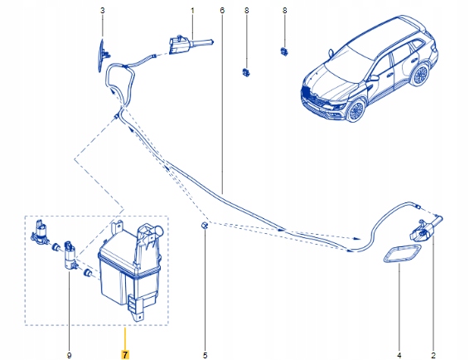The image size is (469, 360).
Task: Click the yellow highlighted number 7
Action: [x=124, y=355]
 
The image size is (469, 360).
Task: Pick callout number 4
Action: [x=399, y=355]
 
